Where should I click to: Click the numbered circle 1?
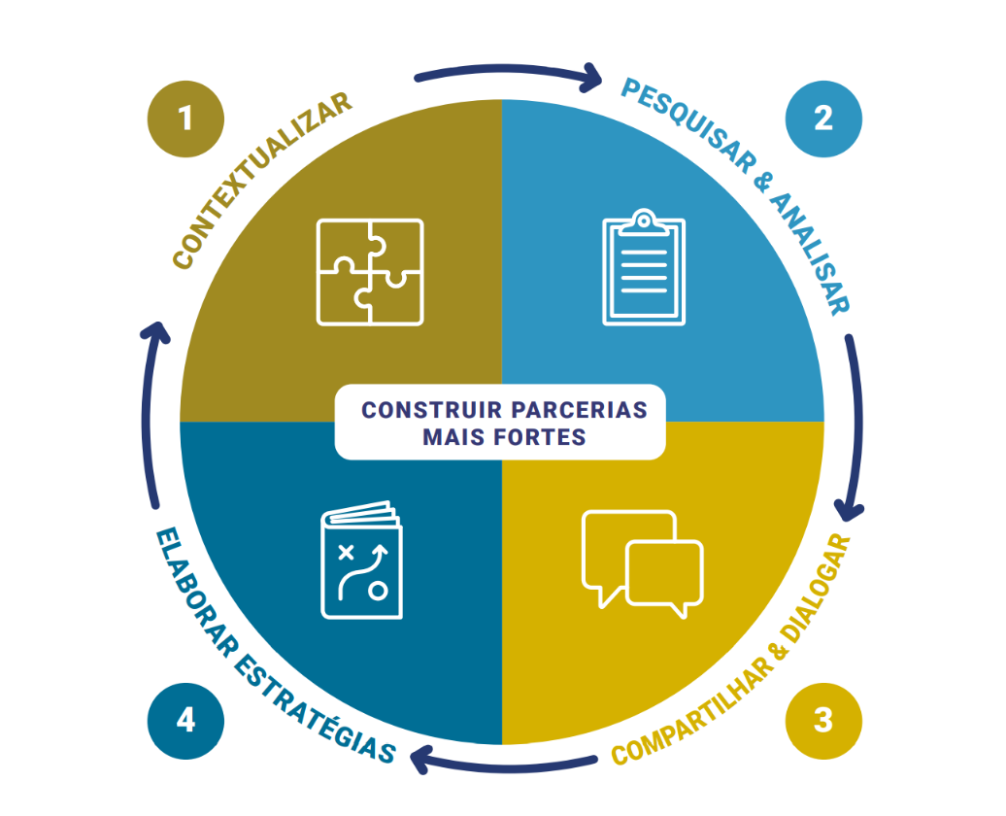point(185,119)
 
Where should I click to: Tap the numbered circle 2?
point(823,119)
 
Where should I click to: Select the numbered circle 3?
point(823,721)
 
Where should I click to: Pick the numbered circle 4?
point(185,721)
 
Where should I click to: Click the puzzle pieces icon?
point(370,272)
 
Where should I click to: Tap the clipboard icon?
point(644,267)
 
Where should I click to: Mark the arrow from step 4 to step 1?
point(150,418)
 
